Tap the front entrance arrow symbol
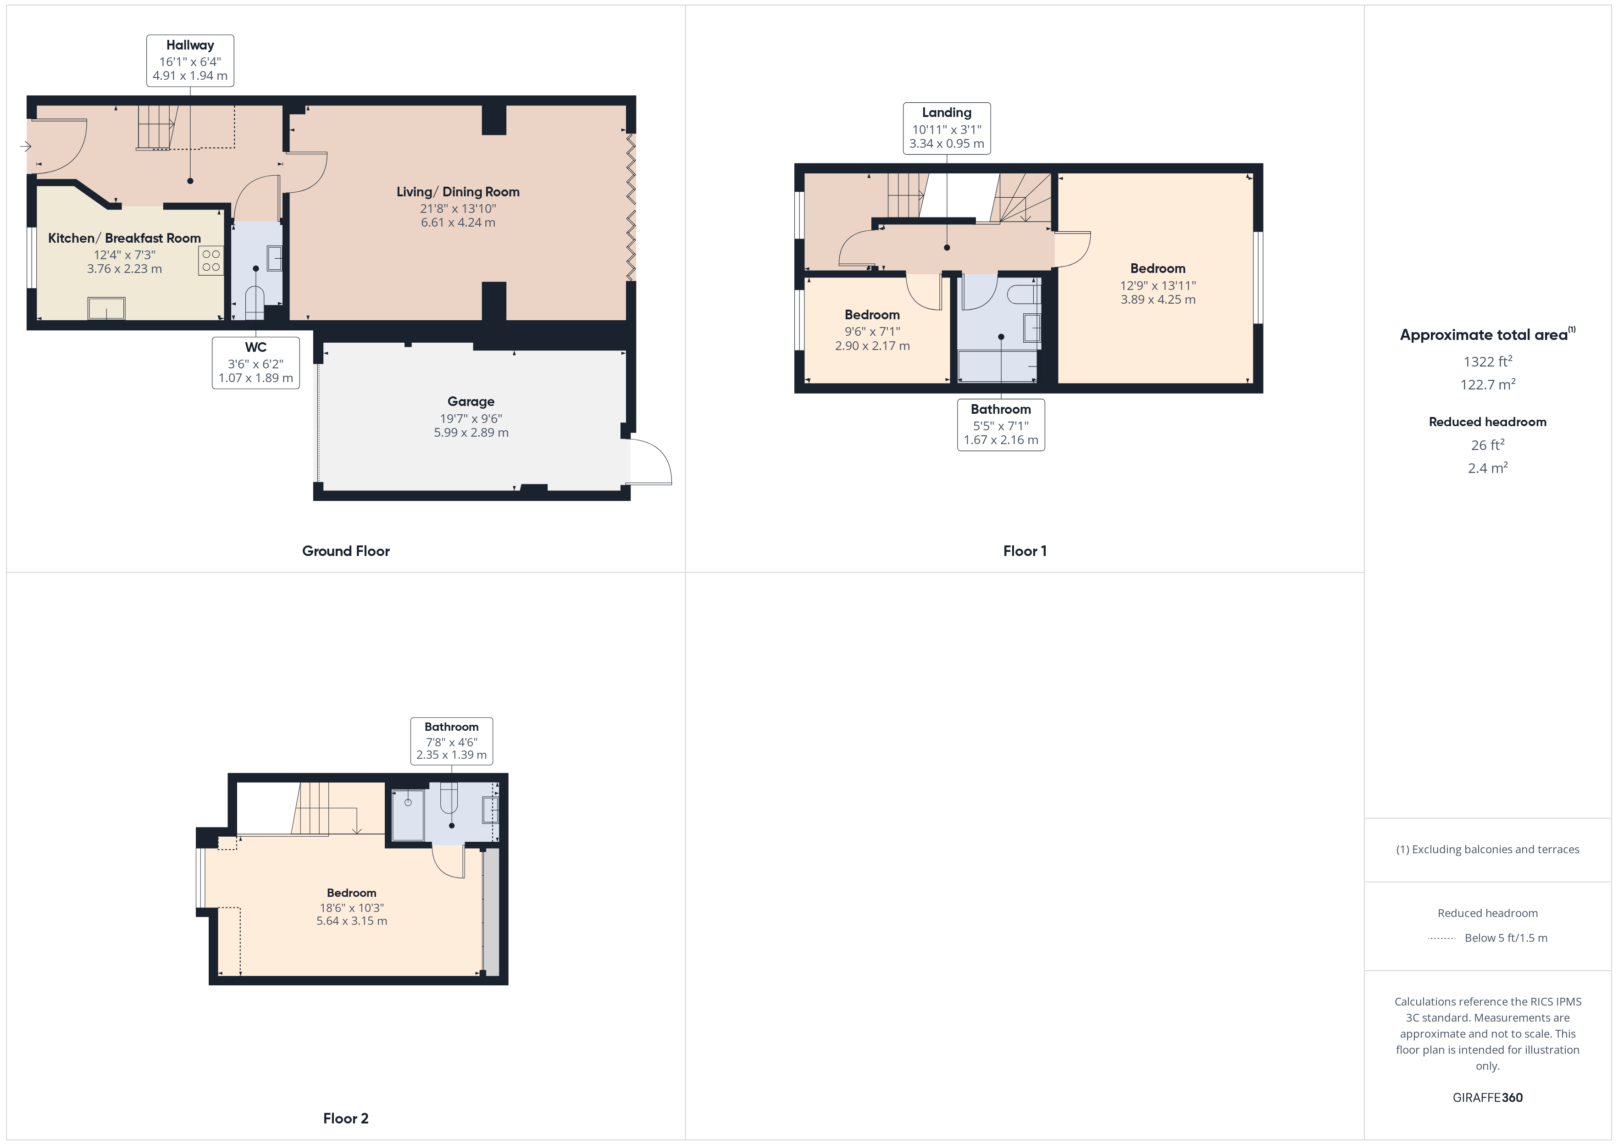click(x=25, y=147)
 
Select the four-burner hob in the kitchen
click(x=211, y=260)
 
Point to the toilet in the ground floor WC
click(x=255, y=302)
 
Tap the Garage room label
click(x=471, y=402)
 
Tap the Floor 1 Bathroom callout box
click(x=1001, y=424)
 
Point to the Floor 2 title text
click(x=345, y=1118)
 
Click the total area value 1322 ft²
click(x=1487, y=361)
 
